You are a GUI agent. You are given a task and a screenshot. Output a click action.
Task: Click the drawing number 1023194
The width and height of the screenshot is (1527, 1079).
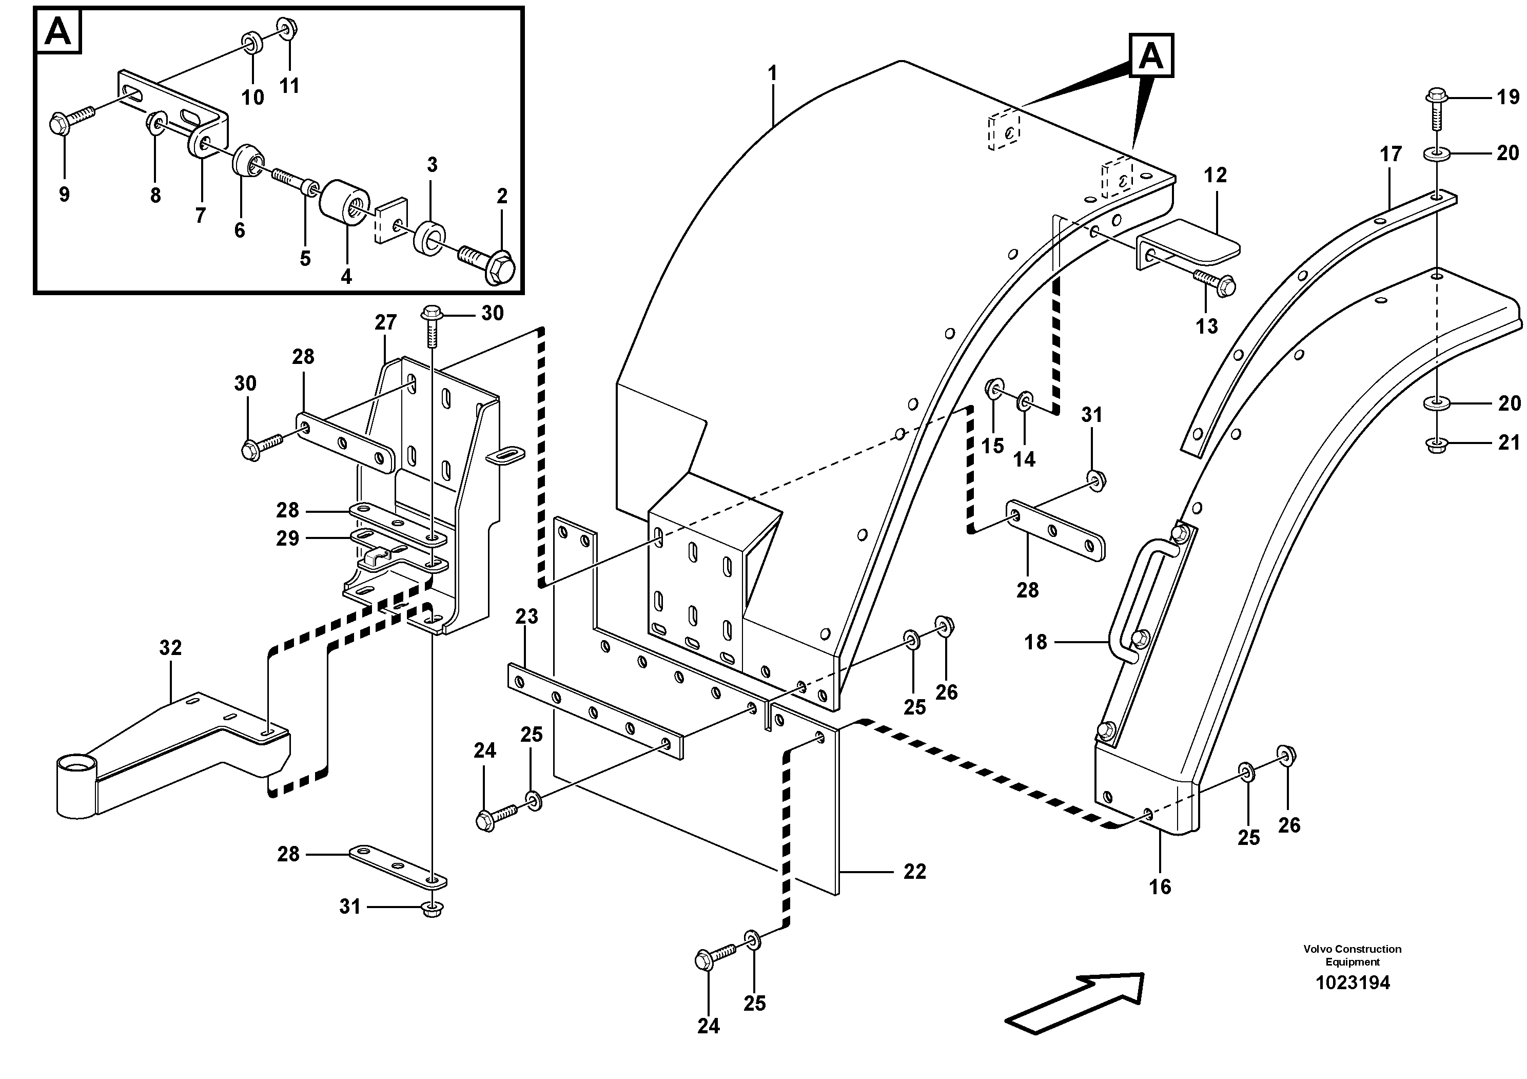(x=1352, y=982)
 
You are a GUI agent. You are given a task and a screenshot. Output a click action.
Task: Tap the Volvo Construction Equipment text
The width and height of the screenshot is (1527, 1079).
(x=1352, y=955)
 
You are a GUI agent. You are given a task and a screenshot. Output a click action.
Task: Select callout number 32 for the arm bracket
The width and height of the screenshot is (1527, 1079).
(x=170, y=647)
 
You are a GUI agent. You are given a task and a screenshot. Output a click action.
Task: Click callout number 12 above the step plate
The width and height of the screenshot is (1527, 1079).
(x=1215, y=175)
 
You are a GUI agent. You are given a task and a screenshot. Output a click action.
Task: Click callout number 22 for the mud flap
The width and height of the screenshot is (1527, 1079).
(x=914, y=872)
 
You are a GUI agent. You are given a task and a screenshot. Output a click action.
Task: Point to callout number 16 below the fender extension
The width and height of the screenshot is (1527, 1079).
(x=1160, y=886)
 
